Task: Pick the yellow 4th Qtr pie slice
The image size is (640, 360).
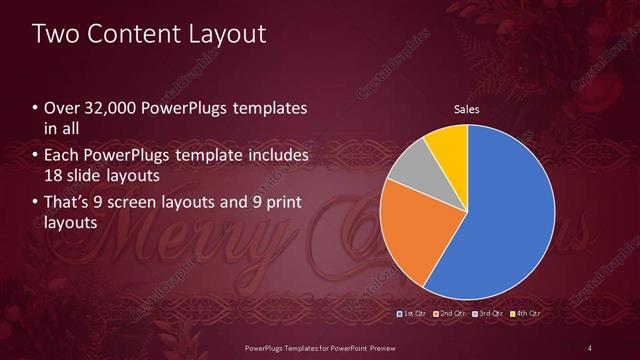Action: click(x=446, y=147)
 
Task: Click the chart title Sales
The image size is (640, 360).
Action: click(x=467, y=109)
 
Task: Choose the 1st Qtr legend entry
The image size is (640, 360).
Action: click(x=412, y=313)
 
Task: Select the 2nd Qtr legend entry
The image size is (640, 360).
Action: click(x=449, y=313)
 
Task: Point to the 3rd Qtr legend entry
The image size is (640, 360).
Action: click(x=486, y=313)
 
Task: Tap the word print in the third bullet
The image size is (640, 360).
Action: click(x=281, y=202)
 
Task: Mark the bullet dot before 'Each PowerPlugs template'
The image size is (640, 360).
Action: click(x=35, y=156)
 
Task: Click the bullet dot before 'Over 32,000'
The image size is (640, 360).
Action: click(x=35, y=108)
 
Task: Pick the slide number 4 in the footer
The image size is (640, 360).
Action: click(x=590, y=346)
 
